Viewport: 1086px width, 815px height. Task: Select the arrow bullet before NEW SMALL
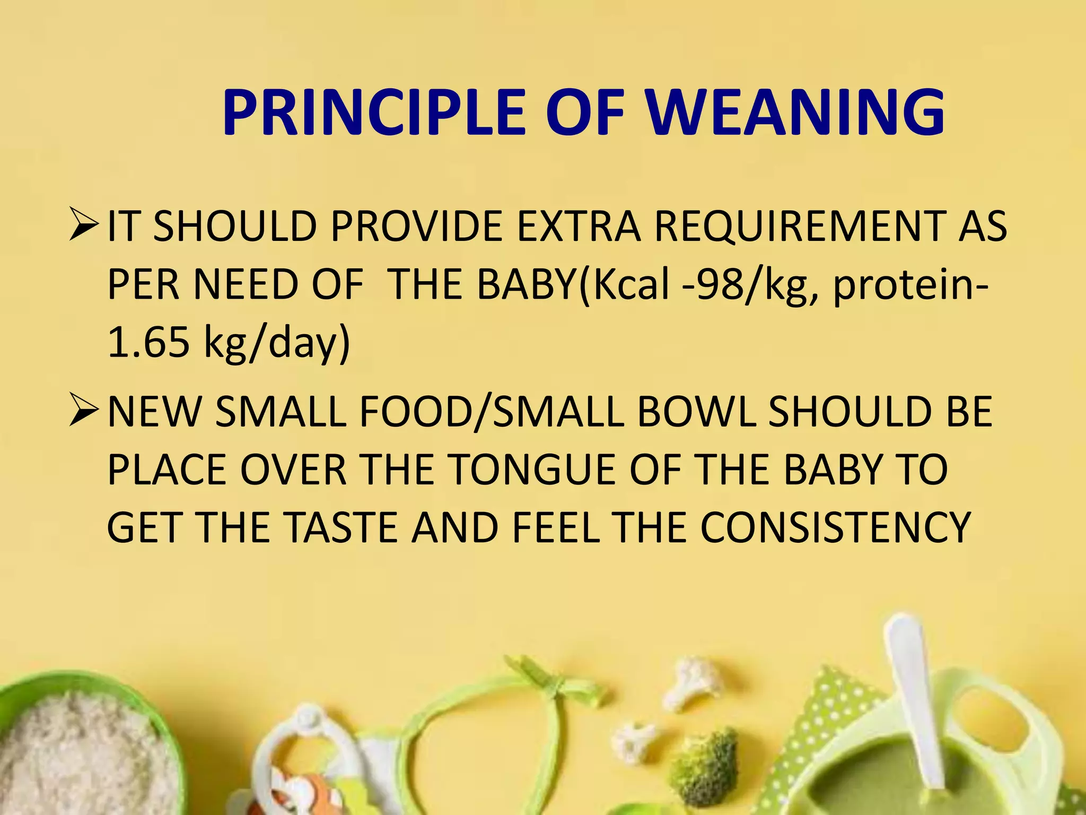click(84, 412)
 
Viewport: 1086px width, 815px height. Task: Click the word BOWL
click(696, 412)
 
